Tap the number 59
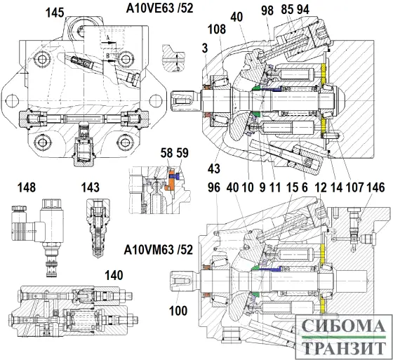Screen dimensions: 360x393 182,152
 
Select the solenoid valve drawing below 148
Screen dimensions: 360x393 44,230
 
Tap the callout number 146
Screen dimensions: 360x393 375,188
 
